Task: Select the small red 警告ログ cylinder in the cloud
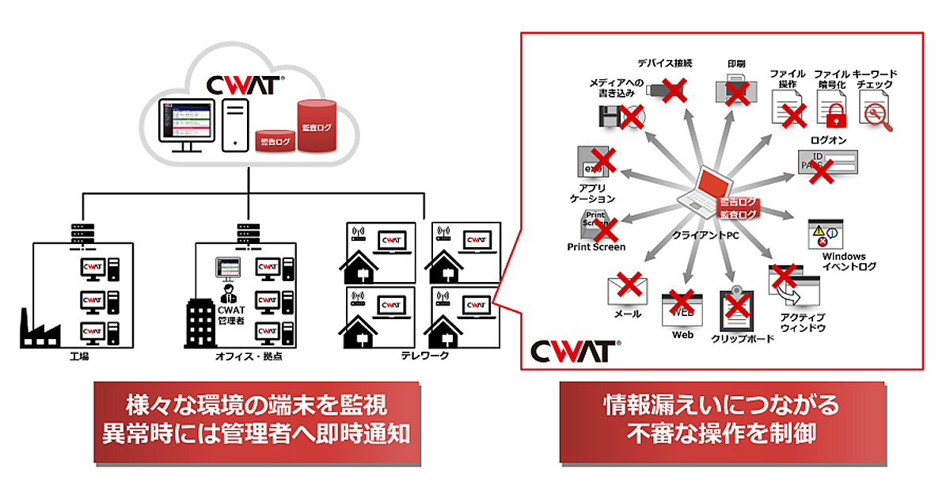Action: [275, 141]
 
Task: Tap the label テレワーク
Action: [425, 356]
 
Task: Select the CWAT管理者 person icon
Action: [227, 291]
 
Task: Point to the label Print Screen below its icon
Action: [596, 247]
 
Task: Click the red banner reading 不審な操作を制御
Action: [721, 421]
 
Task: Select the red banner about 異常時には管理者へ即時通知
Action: [256, 421]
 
